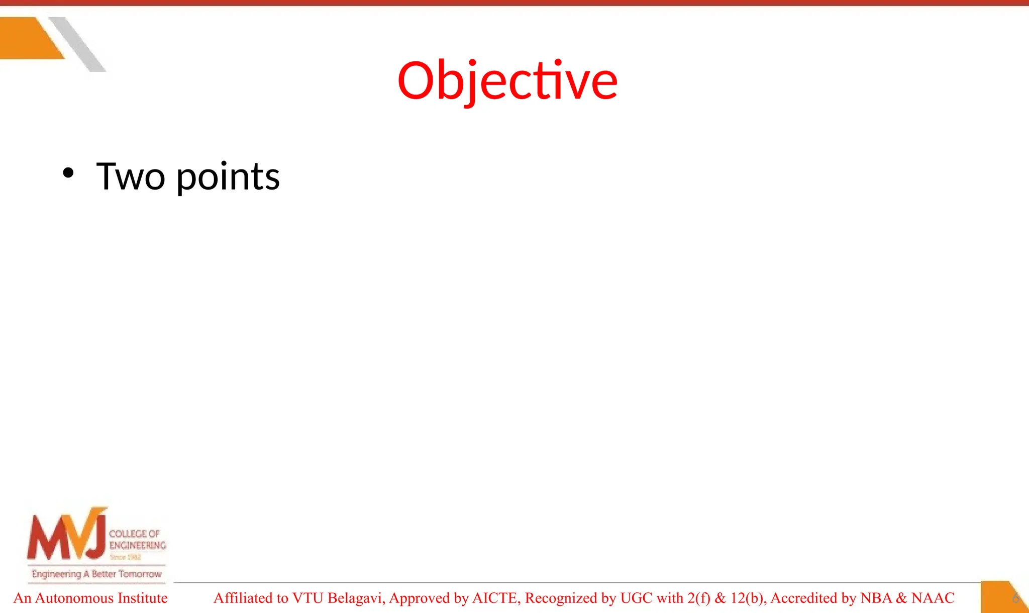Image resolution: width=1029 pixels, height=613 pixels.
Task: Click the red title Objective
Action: point(507,80)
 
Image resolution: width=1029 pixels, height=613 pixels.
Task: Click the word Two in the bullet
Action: point(131,177)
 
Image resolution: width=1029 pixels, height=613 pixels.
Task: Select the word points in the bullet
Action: point(228,178)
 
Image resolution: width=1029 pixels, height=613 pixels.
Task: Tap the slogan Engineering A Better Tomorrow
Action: point(96,574)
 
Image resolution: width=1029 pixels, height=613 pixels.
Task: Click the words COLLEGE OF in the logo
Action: point(134,534)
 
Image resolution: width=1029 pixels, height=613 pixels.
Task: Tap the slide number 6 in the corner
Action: point(1015,598)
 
